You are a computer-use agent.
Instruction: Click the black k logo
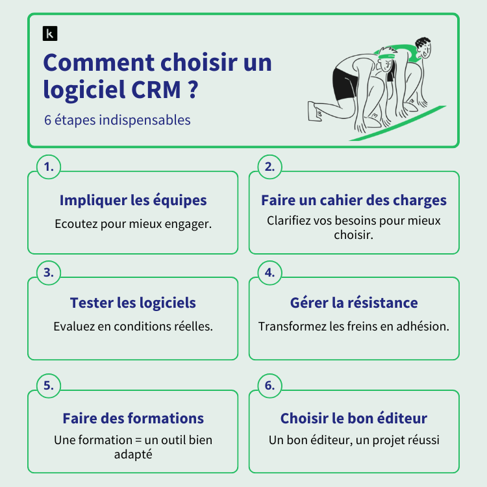[x=50, y=34]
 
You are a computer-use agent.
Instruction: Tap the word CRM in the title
[x=156, y=90]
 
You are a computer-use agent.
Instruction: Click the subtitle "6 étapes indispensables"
[x=117, y=120]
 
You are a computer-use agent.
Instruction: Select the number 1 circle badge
[x=49, y=167]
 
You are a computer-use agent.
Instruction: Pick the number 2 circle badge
[x=270, y=167]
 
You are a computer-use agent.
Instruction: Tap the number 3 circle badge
[x=49, y=273]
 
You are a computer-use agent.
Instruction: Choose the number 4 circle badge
[x=270, y=273]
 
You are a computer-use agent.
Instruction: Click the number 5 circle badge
[x=49, y=386]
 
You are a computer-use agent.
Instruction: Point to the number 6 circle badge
[x=270, y=386]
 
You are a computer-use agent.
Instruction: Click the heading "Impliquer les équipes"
[x=133, y=201]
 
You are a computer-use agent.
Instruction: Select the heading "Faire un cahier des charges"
[x=354, y=201]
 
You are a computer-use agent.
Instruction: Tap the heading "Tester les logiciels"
[x=133, y=303]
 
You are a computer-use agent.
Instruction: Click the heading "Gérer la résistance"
[x=354, y=303]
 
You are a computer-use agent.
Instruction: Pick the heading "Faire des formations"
[x=133, y=418]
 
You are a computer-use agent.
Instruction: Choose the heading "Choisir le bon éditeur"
[x=354, y=418]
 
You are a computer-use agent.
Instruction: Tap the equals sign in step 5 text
[x=138, y=440]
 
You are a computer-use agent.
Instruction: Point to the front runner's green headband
[x=387, y=56]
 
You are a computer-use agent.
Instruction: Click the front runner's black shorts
[x=344, y=83]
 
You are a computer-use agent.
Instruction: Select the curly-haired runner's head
[x=423, y=48]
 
